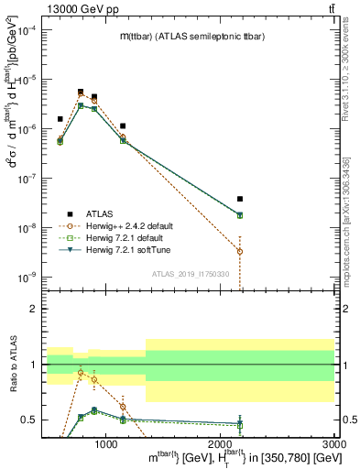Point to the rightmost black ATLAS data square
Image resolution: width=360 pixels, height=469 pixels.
coord(240,199)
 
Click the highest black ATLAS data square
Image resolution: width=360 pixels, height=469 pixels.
coord(82,92)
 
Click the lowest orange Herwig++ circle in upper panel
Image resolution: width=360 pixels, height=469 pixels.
coord(240,251)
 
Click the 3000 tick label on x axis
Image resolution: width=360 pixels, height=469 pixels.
coord(333,443)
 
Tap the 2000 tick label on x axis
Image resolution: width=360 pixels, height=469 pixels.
coord(220,443)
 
